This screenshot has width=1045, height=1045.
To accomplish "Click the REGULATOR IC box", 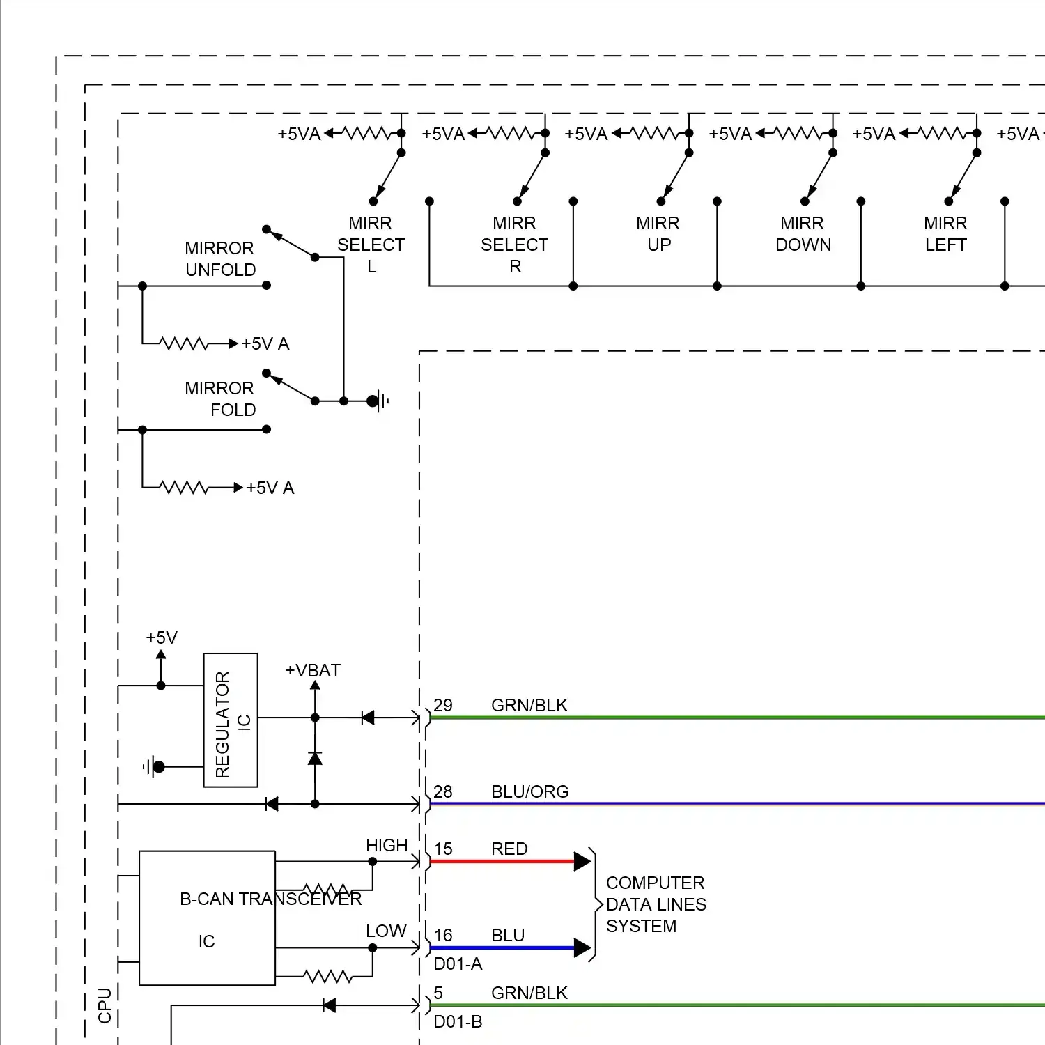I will click(x=231, y=720).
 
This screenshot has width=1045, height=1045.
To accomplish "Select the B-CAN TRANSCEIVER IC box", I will click(x=207, y=918).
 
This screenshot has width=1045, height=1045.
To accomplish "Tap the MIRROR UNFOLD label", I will click(x=220, y=259).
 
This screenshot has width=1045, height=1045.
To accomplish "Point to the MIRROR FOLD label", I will click(x=220, y=399).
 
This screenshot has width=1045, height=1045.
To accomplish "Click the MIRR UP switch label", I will click(x=658, y=234).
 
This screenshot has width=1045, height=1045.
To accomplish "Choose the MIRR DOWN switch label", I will click(x=803, y=234).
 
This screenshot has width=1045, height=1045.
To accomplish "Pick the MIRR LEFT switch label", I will click(x=945, y=234).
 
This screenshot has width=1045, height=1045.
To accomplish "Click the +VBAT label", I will click(x=313, y=670).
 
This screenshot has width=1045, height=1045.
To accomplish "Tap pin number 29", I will click(x=443, y=705).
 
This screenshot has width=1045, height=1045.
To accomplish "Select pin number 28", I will click(x=443, y=791).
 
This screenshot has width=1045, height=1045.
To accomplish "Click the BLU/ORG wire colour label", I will click(x=529, y=791).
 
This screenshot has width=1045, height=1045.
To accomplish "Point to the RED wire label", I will click(x=509, y=849).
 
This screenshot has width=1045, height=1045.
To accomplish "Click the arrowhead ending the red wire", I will click(x=582, y=862).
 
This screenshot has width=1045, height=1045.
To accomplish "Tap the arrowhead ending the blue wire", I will click(x=582, y=948).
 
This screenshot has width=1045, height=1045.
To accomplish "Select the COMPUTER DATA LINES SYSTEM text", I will click(x=656, y=904).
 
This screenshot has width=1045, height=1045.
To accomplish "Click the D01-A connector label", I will click(x=458, y=963).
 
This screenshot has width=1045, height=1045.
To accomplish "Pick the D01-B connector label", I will click(x=458, y=1021).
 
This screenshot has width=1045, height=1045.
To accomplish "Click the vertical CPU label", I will click(x=104, y=1005).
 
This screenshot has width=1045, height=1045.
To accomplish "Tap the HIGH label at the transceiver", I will click(x=387, y=845).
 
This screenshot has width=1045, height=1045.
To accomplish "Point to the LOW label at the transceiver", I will click(x=386, y=931).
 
